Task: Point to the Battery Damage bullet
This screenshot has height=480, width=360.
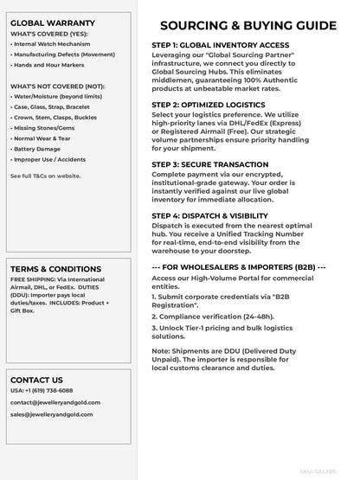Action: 38,149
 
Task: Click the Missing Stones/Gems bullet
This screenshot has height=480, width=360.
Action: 44,126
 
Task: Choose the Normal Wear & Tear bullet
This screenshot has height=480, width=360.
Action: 44,138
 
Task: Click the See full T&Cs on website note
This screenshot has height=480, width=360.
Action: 46,176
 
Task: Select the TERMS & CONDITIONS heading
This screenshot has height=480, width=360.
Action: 55,269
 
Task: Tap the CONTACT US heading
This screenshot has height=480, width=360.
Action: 36,380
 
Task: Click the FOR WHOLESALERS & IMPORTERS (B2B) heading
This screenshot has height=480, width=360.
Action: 239,267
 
